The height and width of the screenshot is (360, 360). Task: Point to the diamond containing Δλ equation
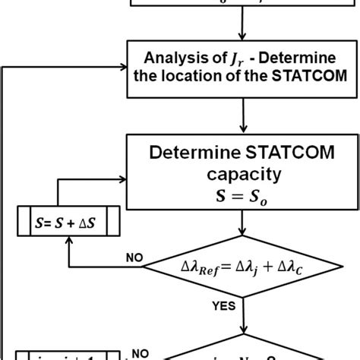241,266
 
